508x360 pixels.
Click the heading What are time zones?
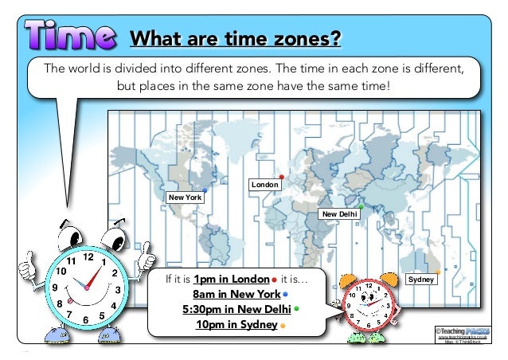pos(236,38)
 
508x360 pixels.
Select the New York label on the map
pos(183,197)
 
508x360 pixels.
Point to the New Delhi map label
pos(338,214)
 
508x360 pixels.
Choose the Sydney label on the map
pos(420,280)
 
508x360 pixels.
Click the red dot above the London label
pos(282,177)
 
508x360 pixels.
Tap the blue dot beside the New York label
pos(205,190)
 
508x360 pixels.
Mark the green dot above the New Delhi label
pos(361,206)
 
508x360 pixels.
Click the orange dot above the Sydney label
pos(437,272)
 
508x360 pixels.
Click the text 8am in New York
pos(241,295)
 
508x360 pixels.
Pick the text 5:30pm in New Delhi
pos(236,310)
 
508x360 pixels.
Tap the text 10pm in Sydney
pos(236,325)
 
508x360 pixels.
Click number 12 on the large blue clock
pos(88,258)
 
